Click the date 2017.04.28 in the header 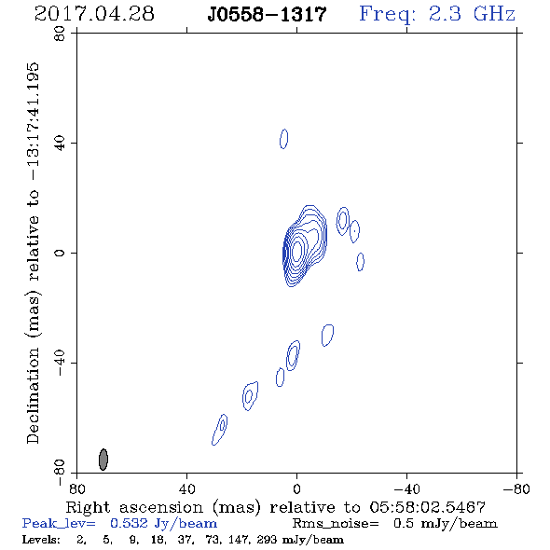point(94,14)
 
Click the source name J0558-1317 point(267,14)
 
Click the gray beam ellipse point(103,460)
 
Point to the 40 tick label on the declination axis point(60,144)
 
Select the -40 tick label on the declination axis point(60,363)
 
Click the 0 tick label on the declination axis point(60,253)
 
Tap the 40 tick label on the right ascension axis point(186,488)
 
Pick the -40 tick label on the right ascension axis point(406,488)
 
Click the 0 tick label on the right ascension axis point(296,488)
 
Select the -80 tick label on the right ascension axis point(516,488)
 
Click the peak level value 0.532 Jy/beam point(163,524)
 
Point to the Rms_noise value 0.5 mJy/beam point(445,524)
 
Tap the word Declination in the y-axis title point(33,395)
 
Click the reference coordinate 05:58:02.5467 point(428,507)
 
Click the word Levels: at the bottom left point(41,540)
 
